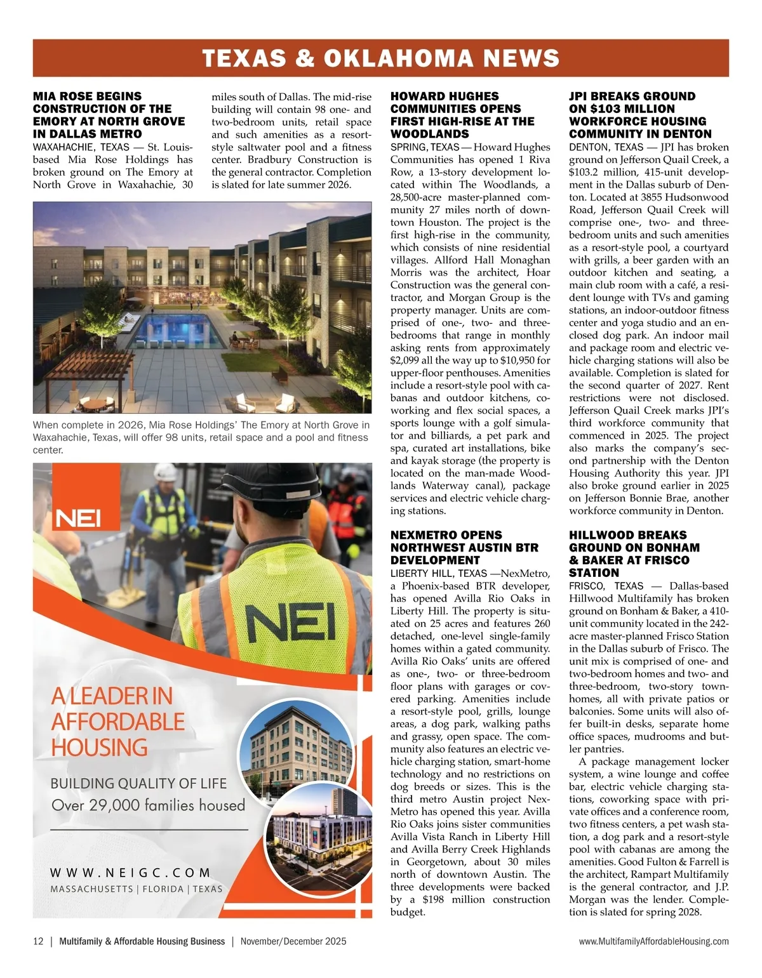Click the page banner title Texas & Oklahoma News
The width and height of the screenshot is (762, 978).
coord(380,58)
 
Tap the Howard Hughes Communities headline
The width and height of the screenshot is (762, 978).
coord(462,115)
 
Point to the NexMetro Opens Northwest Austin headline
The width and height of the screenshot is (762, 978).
coord(464,547)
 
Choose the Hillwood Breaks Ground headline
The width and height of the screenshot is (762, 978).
coord(634,553)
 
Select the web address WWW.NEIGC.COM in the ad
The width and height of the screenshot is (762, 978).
coord(130,873)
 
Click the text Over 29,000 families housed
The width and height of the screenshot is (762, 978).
coord(148,805)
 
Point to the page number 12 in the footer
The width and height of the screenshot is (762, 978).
coord(38,941)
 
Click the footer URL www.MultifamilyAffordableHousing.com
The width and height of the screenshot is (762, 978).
coord(653,941)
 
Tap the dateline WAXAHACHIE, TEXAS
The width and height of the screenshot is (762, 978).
coord(81,147)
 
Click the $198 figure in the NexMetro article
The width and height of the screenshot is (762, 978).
coord(432,899)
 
